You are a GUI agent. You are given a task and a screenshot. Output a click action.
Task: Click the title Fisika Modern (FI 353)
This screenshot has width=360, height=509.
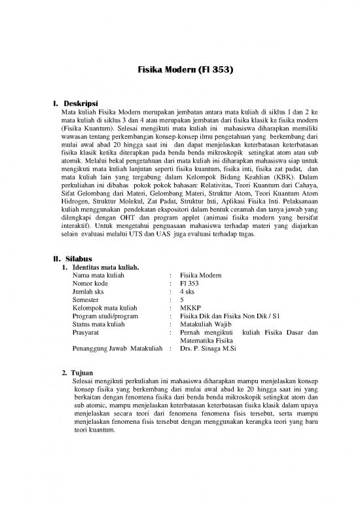click(179, 67)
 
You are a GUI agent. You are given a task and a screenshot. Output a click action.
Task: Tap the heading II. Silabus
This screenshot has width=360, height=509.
click(74, 258)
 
